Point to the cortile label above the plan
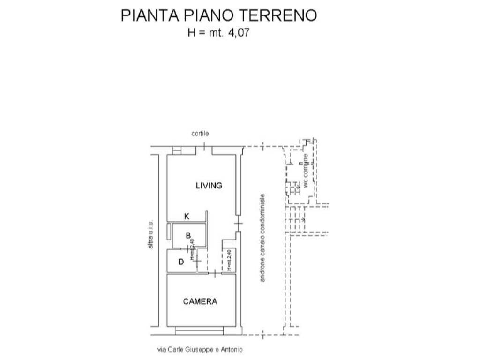(200, 134)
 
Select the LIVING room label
(209, 186)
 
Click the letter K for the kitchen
(187, 216)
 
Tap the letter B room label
(188, 235)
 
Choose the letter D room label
(181, 262)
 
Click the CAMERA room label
(200, 301)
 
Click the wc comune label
(306, 171)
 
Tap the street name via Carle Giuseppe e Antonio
(201, 349)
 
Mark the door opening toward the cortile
(205, 148)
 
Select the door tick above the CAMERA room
(214, 273)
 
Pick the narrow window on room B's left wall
(168, 232)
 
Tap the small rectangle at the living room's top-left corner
(177, 150)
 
